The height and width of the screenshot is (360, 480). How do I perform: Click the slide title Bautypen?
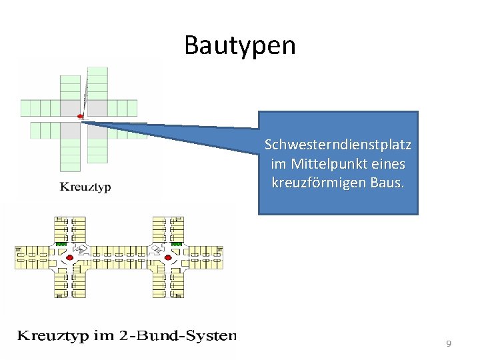239,45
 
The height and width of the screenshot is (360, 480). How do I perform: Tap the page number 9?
449,343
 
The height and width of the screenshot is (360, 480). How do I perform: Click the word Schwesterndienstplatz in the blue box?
338,145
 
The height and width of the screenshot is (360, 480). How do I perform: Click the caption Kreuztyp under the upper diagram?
85,187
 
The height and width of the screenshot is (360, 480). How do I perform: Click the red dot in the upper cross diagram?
81,117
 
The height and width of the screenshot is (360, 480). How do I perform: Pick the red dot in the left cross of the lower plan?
69,257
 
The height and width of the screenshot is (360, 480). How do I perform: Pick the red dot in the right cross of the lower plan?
168,257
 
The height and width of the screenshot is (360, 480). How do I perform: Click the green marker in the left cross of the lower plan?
61,245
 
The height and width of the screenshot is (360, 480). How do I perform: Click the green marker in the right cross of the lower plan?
177,245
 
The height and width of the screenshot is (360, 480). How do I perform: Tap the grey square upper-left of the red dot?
70,107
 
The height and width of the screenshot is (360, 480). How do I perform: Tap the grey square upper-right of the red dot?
98,107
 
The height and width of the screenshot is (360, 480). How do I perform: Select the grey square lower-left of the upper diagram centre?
70,130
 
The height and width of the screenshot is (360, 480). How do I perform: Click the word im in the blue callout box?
278,163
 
